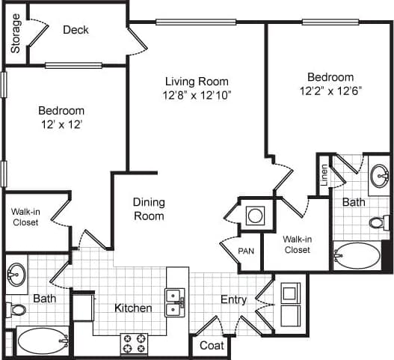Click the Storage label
(16, 33)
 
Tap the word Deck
(76, 30)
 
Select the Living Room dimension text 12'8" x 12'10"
(197, 95)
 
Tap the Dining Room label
(149, 209)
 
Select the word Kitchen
(133, 308)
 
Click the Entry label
(233, 299)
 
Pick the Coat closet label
(211, 346)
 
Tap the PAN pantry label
(246, 251)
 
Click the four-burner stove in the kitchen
(135, 344)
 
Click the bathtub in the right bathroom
(357, 255)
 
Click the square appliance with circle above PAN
(255, 216)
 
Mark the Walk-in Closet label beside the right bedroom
(297, 244)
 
